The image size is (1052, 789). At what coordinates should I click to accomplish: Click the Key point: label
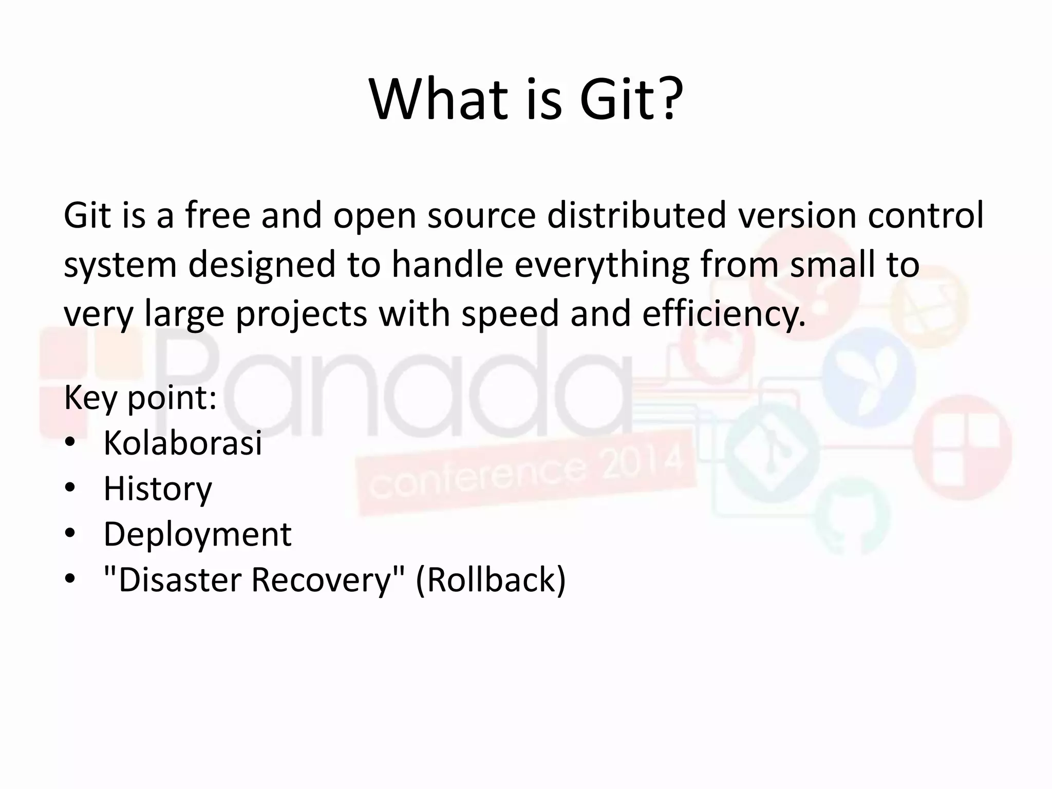pyautogui.click(x=140, y=398)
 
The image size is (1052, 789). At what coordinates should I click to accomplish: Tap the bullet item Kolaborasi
pyautogui.click(x=182, y=443)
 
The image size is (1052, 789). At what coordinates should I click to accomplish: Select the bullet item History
pyautogui.click(x=158, y=489)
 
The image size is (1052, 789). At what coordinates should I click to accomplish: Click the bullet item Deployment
pyautogui.click(x=197, y=534)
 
